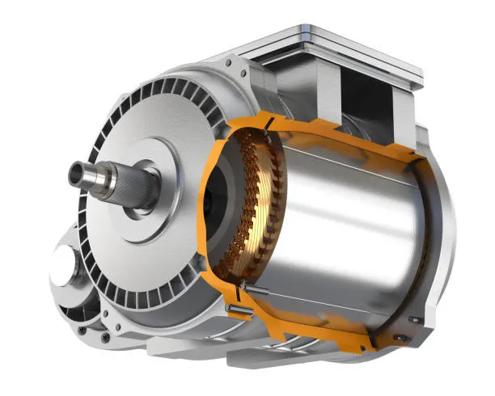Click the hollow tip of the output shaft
(x=79, y=171)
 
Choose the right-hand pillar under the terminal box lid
(x=404, y=105)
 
